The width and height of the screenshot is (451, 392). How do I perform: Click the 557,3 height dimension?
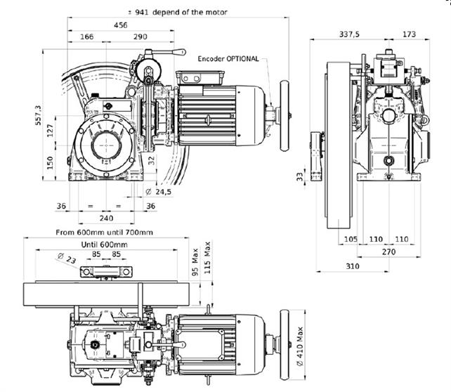pos(38,115)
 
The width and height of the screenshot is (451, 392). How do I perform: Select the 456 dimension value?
pos(121,25)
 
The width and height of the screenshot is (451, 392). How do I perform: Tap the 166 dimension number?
pos(86,37)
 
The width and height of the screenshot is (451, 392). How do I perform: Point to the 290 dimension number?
pos(140,37)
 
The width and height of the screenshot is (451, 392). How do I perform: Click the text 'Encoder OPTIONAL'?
pos(228,59)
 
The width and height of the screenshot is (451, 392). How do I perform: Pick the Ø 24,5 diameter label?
pos(158,192)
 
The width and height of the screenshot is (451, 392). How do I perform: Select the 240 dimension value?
pos(106,218)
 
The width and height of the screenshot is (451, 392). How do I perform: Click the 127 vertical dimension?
pos(51,130)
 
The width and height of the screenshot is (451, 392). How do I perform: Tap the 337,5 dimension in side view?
pos(349,34)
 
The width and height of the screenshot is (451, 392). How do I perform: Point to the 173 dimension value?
pos(410,34)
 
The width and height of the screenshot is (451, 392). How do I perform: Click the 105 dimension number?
pos(351,239)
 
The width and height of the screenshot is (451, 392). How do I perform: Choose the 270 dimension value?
pos(389,252)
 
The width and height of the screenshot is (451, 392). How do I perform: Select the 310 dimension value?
pos(353,266)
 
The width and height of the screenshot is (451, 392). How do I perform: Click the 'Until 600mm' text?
pos(105,244)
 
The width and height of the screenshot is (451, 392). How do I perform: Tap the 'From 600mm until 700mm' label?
pos(105,233)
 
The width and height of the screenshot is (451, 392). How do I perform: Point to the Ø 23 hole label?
pos(67,259)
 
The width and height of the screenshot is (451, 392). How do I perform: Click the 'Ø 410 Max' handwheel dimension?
pos(300,346)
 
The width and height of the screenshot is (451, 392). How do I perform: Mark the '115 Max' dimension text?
pos(207,257)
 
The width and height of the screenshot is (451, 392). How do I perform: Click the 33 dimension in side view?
pos(300,176)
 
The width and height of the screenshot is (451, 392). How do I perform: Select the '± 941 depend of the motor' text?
pos(178,13)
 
